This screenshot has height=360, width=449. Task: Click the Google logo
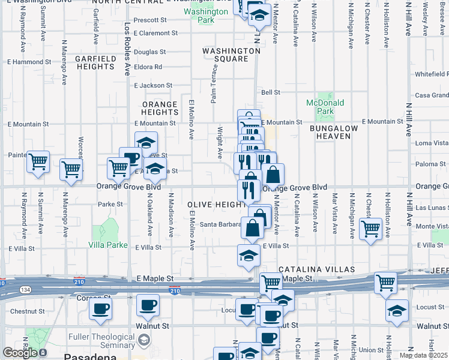coord(20,353)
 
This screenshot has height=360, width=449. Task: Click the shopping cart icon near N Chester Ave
coord(370,228)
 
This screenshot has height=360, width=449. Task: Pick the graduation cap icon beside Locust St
coord(397,310)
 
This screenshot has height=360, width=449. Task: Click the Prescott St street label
coord(149,20)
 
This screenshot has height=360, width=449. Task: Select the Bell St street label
coord(271,92)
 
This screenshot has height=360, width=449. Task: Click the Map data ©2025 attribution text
coord(423,355)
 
